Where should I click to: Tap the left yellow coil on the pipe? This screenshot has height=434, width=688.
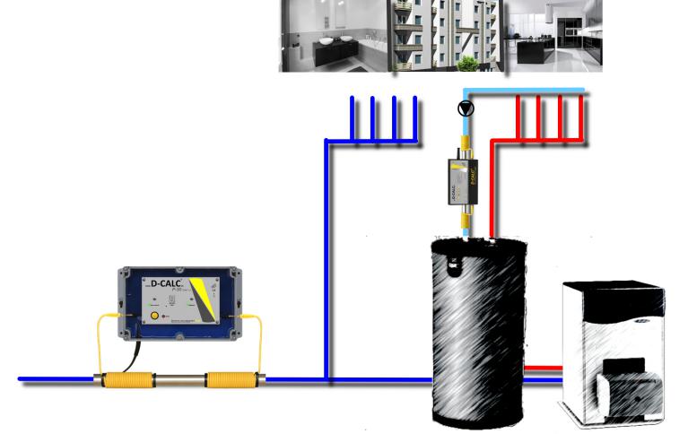127,380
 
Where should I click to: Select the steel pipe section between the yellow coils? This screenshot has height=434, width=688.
178,380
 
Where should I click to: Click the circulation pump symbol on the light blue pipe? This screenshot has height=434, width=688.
465,108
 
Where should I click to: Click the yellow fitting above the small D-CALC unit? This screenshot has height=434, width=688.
466,143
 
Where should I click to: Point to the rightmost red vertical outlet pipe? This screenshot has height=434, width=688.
583,117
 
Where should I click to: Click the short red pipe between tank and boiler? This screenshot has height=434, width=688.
541,368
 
